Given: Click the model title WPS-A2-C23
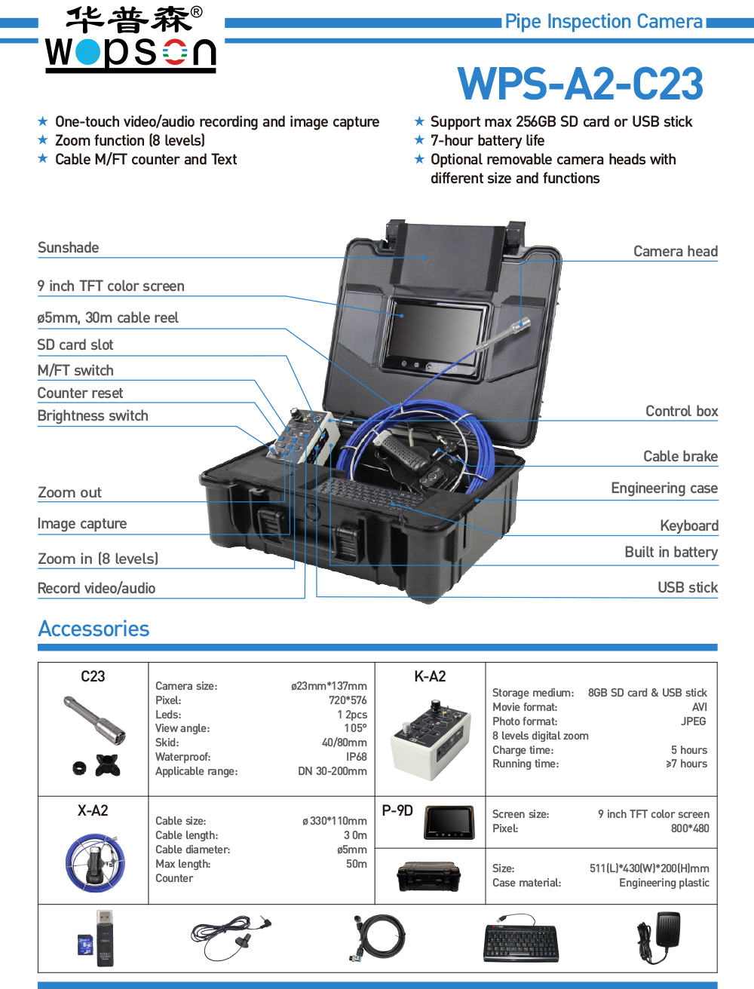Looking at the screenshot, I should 580,84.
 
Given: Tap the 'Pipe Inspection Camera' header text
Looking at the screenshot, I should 604,22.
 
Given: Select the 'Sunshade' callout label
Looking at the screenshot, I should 68,248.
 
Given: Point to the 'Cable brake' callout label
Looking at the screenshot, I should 680,456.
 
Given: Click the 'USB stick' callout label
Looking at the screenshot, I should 688,588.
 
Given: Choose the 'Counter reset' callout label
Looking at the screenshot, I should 80,393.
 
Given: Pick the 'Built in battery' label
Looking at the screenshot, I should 671,553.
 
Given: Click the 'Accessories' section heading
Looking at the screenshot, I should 93,629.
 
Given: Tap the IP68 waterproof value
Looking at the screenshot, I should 356,757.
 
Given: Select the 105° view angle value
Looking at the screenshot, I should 356,728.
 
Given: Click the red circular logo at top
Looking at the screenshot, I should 175,52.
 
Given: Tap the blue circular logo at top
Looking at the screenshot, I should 87,52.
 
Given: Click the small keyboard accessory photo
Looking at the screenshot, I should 521,938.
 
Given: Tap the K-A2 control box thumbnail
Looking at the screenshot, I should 428,735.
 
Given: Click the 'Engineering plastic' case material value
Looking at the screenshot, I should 664,883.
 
